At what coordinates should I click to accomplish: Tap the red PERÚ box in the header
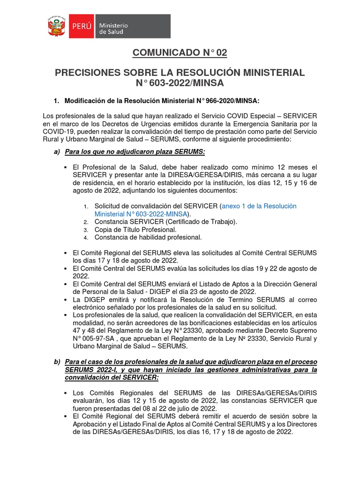tap(82, 27)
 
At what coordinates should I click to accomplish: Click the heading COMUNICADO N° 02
tap(180, 53)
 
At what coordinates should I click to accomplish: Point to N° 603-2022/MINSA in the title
tap(180, 83)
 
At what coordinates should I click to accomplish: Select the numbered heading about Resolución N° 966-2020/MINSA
tap(161, 100)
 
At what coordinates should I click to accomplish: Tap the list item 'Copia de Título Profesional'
tap(135, 229)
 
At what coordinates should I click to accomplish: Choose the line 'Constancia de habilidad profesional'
tap(148, 237)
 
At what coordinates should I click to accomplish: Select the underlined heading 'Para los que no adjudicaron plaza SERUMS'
tap(135, 152)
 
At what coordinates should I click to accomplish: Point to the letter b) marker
tap(57, 362)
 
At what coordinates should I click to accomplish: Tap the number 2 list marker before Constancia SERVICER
tap(86, 222)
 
